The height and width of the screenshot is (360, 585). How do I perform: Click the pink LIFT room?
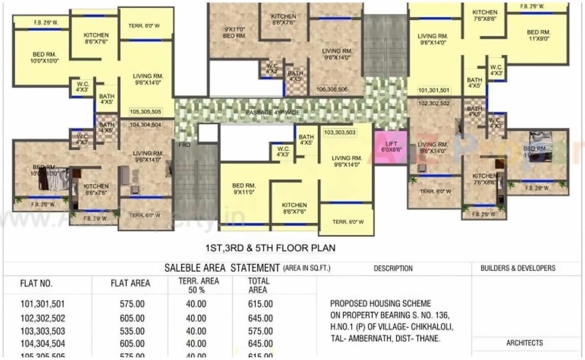tap(391, 148)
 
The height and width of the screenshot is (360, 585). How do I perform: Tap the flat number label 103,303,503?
tap(339, 132)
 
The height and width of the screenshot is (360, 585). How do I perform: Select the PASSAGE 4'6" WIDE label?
tap(272, 112)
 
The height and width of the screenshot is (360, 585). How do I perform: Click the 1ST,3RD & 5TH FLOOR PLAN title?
tap(270, 248)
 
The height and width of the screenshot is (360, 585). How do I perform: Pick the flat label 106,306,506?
tap(332, 89)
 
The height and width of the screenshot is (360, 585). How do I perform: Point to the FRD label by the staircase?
tap(184, 145)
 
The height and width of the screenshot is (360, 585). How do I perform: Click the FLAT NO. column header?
tap(36, 283)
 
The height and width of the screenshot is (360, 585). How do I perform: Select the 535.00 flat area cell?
tap(132, 331)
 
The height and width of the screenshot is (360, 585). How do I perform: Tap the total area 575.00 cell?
tap(260, 331)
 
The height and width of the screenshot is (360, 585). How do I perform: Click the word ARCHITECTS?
tap(524, 343)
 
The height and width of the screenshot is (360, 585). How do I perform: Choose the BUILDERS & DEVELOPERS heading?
tap(518, 268)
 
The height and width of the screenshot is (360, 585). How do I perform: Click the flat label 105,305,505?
tap(145, 111)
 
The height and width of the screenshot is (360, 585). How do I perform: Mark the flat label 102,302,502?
tap(434, 103)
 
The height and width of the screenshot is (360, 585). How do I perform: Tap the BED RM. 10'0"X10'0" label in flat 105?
tap(44, 57)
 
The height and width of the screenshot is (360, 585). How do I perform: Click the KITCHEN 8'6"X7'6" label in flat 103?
tap(294, 208)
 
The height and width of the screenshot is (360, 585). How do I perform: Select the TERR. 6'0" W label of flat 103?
tap(348, 222)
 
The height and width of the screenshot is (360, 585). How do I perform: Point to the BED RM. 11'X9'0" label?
tap(539, 35)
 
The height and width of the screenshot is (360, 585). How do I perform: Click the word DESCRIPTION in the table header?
tap(393, 268)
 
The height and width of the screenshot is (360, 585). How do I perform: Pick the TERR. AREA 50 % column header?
tap(199, 285)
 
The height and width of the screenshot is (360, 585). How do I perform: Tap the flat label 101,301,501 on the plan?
tap(434, 90)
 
